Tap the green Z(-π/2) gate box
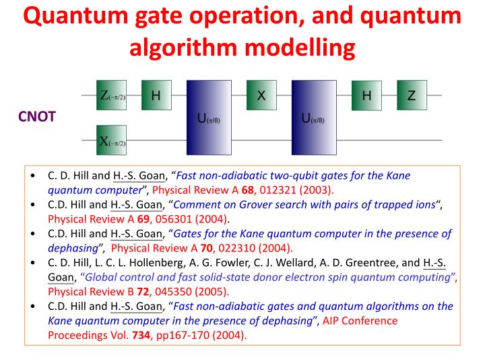pyautogui.click(x=112, y=95)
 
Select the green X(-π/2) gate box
pyautogui.click(x=112, y=140)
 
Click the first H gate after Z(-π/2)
pyautogui.click(x=156, y=95)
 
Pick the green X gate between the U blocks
pyautogui.click(x=261, y=95)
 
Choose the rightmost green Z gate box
pyautogui.click(x=412, y=95)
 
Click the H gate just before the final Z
pyautogui.click(x=366, y=95)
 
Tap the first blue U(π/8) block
pyautogui.click(x=209, y=118)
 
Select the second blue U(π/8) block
pyautogui.click(x=313, y=118)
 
